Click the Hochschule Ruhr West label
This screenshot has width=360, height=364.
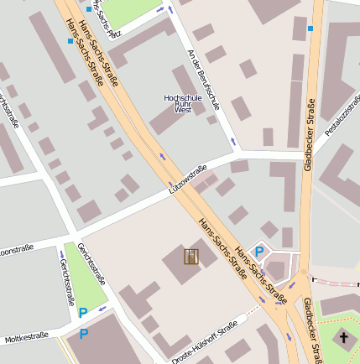(183, 103)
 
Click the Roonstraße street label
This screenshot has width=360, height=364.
(16, 250)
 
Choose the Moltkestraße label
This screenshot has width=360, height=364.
(23, 339)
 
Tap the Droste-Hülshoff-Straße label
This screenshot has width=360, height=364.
(205, 344)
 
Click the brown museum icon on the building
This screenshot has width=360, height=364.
(190, 257)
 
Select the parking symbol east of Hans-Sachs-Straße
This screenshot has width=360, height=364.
(260, 250)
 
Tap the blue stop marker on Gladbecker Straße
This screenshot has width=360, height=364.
(310, 29)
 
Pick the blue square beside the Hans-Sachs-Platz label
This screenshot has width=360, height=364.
(90, 9)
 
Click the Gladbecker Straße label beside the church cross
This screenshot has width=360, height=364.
(311, 331)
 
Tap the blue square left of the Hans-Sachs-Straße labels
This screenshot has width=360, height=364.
(70, 40)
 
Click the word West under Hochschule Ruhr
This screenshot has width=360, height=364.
(183, 110)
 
